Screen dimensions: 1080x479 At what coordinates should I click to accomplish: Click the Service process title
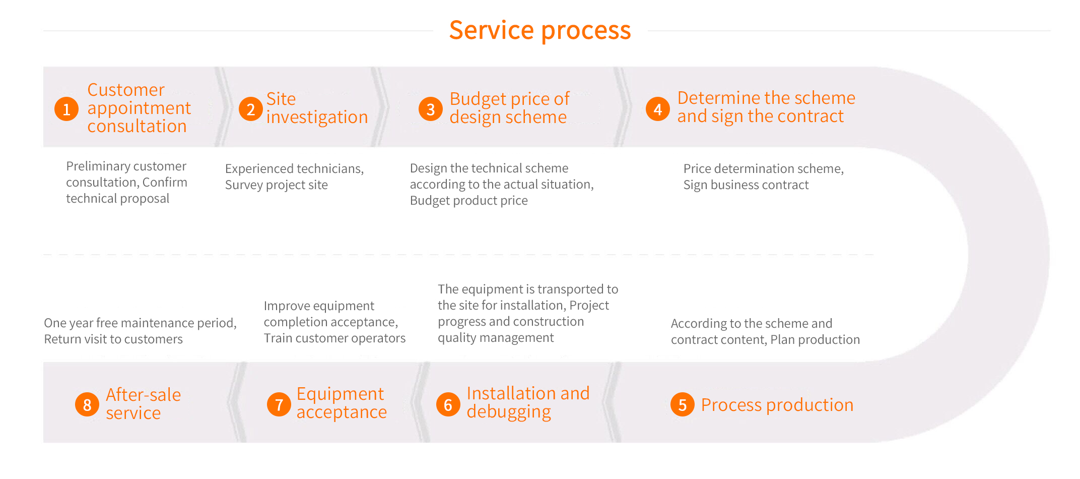[540, 30]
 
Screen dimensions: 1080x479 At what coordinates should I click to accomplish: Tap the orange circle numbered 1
[66, 109]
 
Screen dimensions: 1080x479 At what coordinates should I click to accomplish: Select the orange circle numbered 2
[251, 109]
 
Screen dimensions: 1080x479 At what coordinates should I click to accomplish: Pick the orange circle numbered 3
[431, 109]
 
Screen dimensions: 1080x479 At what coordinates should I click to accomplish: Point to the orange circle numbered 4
[658, 109]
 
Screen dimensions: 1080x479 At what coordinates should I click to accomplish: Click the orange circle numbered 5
[683, 404]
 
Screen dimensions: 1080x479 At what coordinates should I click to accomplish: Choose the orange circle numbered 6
[448, 404]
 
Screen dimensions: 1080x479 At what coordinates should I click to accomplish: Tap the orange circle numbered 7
[279, 404]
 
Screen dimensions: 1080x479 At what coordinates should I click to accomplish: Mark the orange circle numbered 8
[87, 404]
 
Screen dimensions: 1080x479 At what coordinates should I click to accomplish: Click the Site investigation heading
[317, 108]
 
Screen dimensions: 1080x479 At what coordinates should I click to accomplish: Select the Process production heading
[777, 405]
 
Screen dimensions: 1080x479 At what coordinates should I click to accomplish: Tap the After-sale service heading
[143, 403]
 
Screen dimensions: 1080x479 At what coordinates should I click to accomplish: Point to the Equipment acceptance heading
[342, 403]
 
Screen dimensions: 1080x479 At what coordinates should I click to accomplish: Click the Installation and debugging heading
[528, 402]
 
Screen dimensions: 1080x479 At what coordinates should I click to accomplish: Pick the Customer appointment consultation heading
[139, 108]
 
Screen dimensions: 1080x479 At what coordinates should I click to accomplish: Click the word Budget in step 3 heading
[478, 99]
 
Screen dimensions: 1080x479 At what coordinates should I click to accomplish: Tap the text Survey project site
[276, 185]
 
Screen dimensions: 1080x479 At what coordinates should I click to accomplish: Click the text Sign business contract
[746, 185]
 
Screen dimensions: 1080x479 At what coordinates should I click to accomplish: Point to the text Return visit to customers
[113, 339]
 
